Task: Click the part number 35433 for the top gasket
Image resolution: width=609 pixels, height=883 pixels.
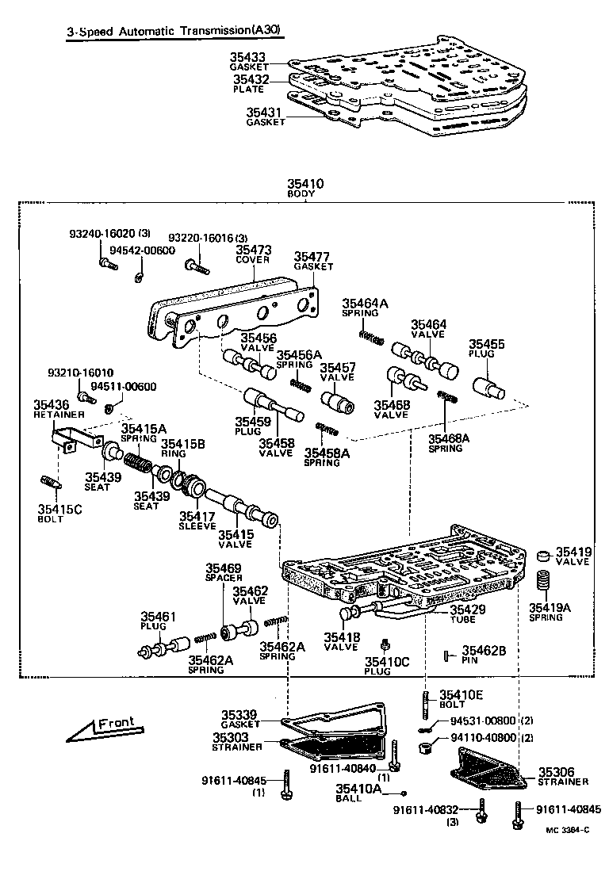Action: [248, 58]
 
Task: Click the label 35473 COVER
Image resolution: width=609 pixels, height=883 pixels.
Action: [253, 254]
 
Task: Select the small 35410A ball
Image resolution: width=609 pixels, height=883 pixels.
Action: [403, 793]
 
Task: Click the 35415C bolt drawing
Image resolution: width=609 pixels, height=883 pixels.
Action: [50, 482]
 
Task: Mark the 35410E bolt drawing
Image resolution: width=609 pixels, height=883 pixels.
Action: [427, 702]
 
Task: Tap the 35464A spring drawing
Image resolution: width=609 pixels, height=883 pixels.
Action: [370, 336]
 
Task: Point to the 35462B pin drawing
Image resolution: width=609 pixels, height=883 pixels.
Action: [448, 655]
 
